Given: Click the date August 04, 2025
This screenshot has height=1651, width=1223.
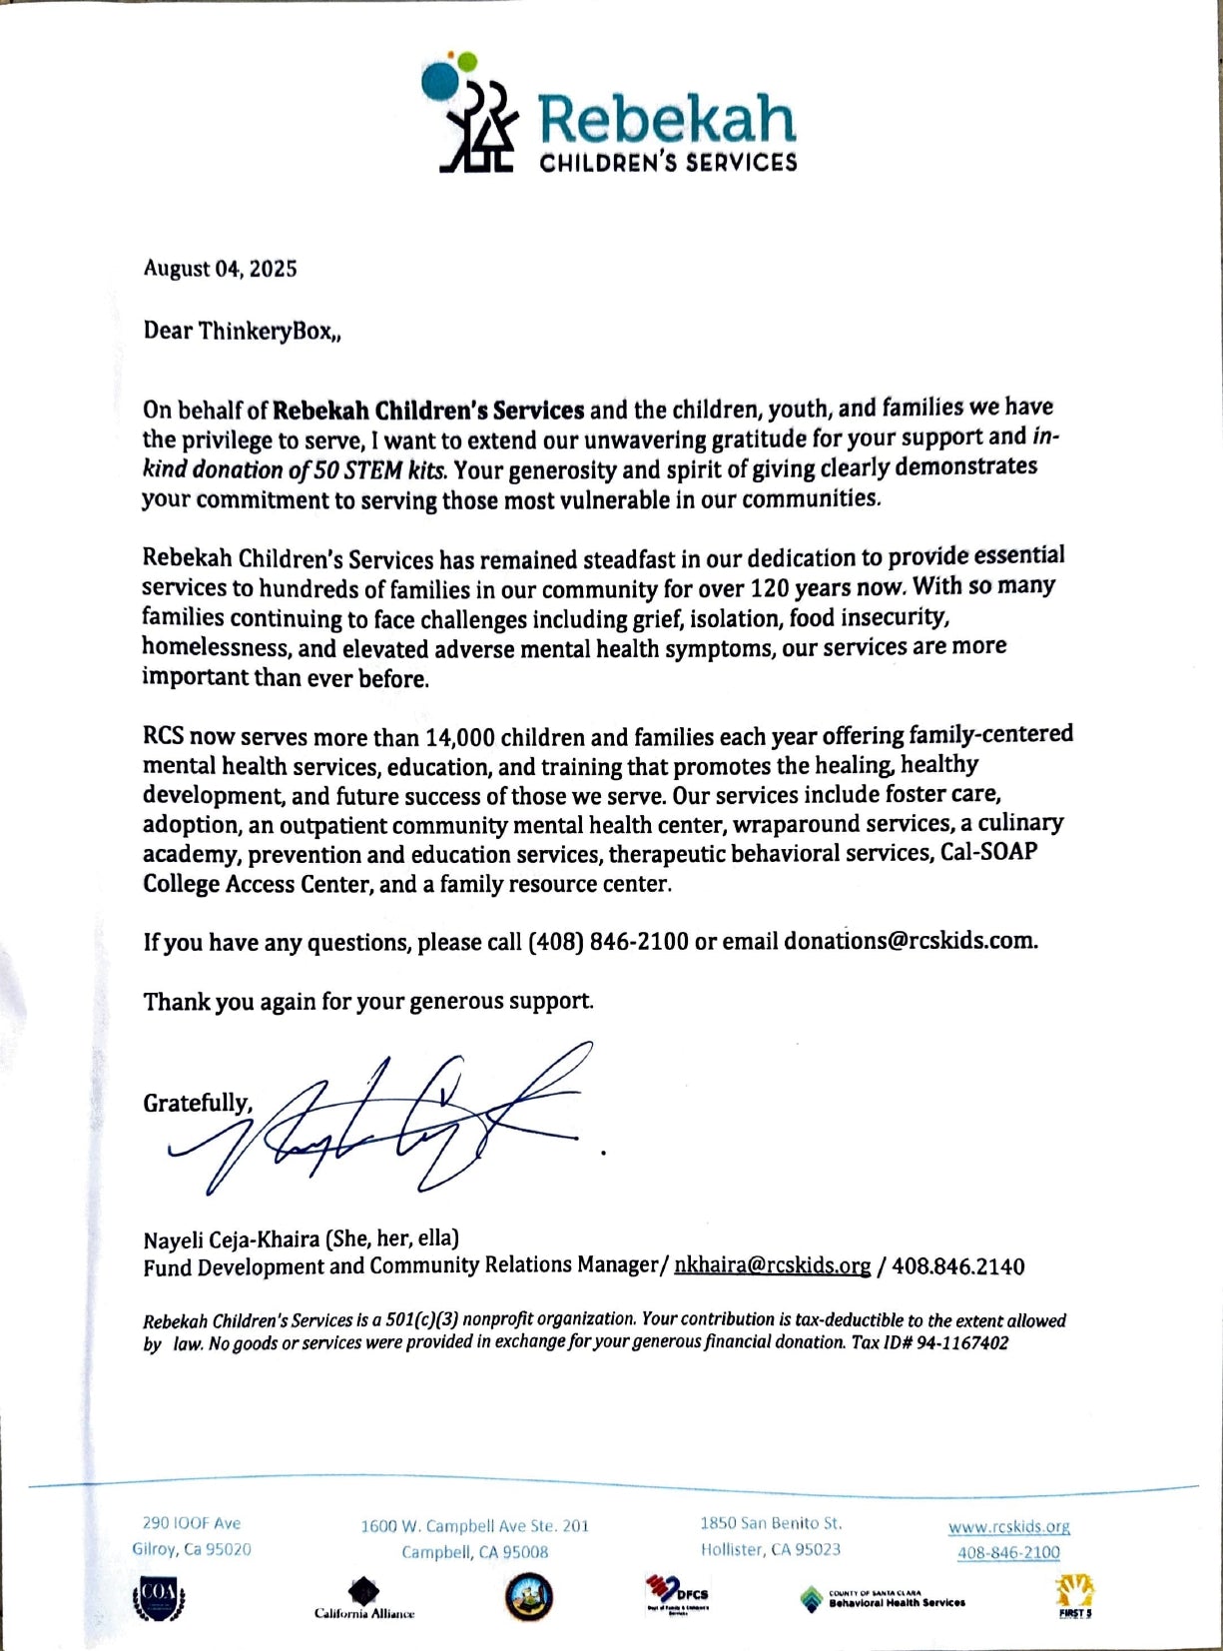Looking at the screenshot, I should pyautogui.click(x=220, y=269).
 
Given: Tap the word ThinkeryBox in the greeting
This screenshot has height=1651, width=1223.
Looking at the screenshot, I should pyautogui.click(x=264, y=331).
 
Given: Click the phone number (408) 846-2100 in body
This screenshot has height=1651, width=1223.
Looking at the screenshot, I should pyautogui.click(x=608, y=942).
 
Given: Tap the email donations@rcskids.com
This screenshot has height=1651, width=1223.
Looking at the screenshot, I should pyautogui.click(x=910, y=941).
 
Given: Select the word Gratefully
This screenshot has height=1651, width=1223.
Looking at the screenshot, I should pyautogui.click(x=197, y=1103).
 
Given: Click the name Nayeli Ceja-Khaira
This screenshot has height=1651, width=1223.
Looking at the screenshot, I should pyautogui.click(x=232, y=1239).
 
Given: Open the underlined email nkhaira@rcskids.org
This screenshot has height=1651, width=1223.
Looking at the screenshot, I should pyautogui.click(x=772, y=1265).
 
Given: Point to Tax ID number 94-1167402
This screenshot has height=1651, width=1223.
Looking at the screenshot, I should pyautogui.click(x=959, y=1342).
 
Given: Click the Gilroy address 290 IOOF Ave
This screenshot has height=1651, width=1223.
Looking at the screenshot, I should pyautogui.click(x=192, y=1523).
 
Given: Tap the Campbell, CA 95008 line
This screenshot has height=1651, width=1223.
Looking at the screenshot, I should pyautogui.click(x=474, y=1552).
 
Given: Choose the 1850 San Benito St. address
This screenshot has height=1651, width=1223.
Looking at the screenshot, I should pyautogui.click(x=770, y=1523).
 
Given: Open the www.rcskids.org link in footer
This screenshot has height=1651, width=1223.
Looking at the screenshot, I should pyautogui.click(x=1008, y=1526).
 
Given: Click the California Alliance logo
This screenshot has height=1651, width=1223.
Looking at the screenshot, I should pyautogui.click(x=363, y=1597).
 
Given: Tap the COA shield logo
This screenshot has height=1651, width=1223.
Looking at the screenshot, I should pyautogui.click(x=159, y=1598).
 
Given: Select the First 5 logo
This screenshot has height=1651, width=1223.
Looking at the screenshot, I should pyautogui.click(x=1074, y=1597).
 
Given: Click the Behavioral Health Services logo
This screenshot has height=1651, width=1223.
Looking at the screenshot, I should pyautogui.click(x=883, y=1600).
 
